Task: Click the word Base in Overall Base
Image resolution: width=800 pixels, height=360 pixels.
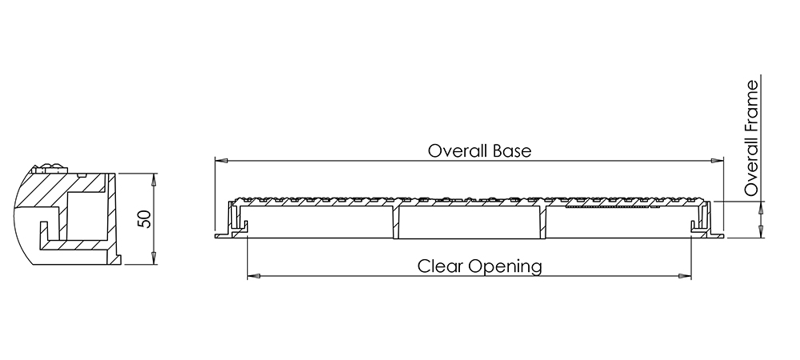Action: (512, 151)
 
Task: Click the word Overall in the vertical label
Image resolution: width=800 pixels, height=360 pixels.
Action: (751, 168)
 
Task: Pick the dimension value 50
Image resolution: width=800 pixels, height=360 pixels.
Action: (146, 218)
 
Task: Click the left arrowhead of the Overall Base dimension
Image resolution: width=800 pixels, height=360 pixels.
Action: (222, 161)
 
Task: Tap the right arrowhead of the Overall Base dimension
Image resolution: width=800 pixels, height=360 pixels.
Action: (718, 161)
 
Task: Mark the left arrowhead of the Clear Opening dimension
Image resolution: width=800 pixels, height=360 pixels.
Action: (254, 276)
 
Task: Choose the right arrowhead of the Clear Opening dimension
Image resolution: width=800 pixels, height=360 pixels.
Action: (685, 276)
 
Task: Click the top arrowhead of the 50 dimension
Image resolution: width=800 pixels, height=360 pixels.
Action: (154, 179)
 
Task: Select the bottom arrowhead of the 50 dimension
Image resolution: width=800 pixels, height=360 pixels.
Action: (154, 258)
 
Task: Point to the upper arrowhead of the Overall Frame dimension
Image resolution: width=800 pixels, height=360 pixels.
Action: (761, 207)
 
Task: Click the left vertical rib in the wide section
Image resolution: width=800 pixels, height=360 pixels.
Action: (396, 222)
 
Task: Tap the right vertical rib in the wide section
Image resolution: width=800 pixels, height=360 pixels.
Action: (544, 222)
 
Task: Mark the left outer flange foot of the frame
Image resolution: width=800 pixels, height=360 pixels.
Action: (223, 235)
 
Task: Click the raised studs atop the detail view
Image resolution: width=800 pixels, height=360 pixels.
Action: (50, 168)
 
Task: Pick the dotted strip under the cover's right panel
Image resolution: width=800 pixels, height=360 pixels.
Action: (607, 207)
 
